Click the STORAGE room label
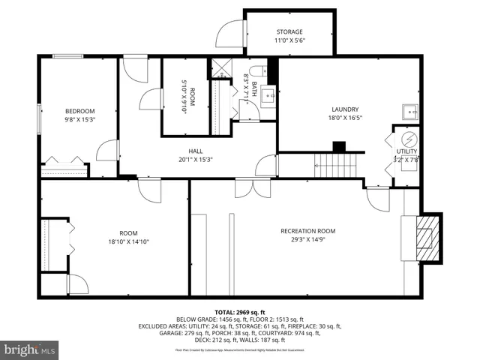point(289,32)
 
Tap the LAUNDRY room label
point(345,109)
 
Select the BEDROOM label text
point(79,109)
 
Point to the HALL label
point(196,150)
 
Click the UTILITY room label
point(406,151)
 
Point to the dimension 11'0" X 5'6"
point(289,42)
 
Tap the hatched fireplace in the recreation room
point(426,238)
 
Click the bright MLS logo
point(30,349)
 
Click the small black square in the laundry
point(339,146)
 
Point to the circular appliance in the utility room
point(409,139)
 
